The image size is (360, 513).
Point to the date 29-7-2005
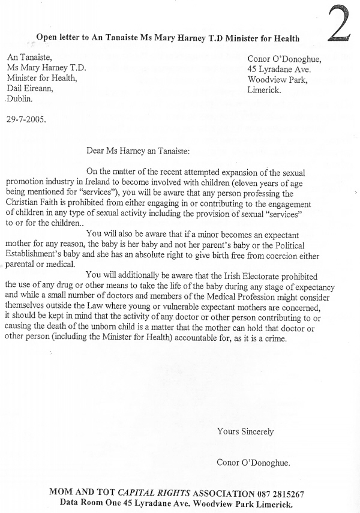click(x=26, y=118)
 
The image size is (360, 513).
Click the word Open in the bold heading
click(x=47, y=37)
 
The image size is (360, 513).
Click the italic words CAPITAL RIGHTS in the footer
click(x=169, y=494)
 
